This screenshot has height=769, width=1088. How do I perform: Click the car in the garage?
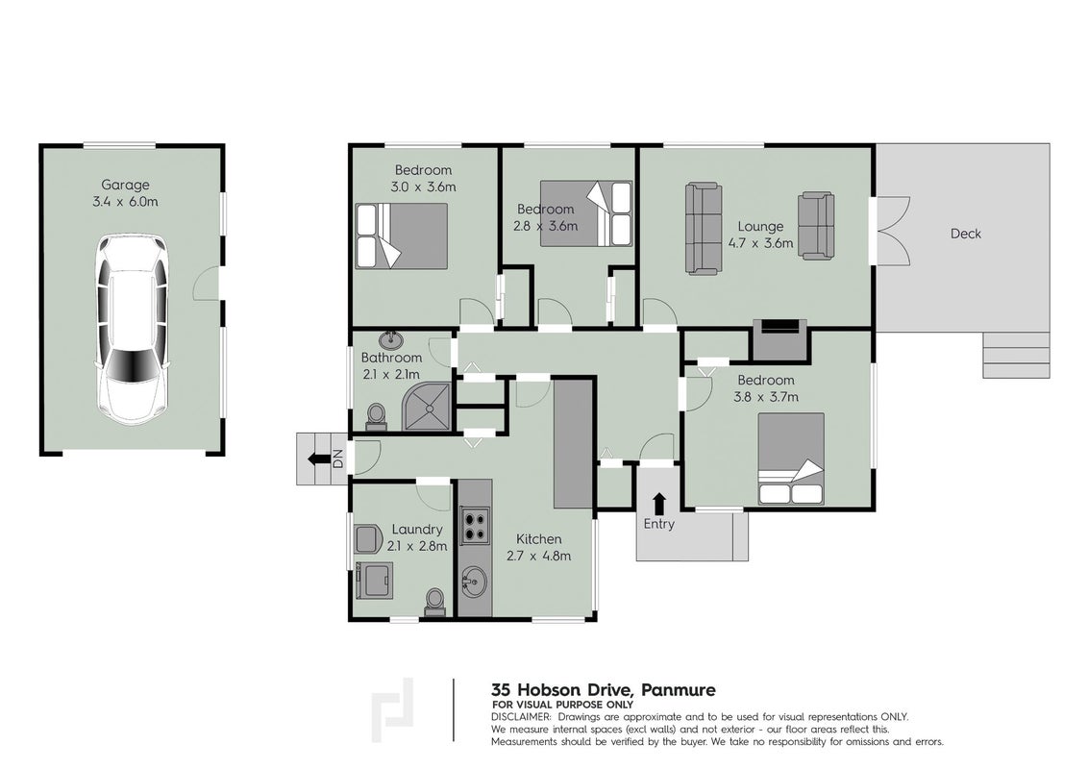pos(131,330)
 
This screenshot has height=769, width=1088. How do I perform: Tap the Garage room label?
pos(125,185)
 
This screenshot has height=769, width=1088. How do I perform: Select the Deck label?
pos(965,234)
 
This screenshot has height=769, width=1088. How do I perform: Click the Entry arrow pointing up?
pos(658,503)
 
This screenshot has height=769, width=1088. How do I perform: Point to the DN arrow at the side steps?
pos(318,459)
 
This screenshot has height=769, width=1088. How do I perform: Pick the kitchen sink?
pos(475,580)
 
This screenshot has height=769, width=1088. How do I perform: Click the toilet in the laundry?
pos(434,602)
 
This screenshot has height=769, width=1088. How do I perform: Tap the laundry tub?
pos(374,581)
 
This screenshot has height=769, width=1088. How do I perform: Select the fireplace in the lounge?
pos(779,340)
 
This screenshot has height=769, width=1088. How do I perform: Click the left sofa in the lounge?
pos(703,229)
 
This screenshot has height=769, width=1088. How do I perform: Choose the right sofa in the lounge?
pos(816,226)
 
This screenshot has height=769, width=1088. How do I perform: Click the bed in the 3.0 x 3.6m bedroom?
pos(401,236)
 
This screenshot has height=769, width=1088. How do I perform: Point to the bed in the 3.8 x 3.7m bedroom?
pos(791,459)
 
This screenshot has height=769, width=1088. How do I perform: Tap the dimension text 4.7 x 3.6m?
pos(760,243)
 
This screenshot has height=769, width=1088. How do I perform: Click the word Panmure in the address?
pos(678,690)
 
